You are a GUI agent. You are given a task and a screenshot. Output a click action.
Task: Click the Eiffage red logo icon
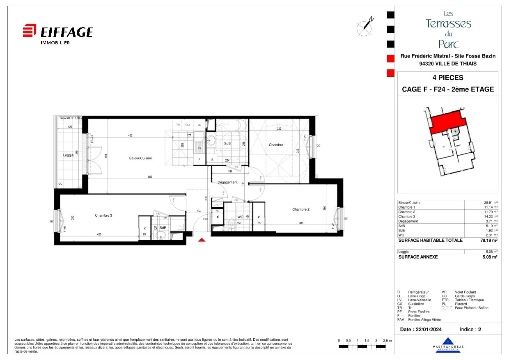(x=29, y=31)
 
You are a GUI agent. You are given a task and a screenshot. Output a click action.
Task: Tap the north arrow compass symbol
(x=365, y=26)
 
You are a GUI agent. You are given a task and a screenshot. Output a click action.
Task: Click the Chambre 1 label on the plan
(x=277, y=145)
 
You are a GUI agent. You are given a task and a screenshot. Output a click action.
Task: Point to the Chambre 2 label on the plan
(x=300, y=209)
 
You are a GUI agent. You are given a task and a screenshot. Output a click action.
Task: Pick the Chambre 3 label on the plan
(x=103, y=216)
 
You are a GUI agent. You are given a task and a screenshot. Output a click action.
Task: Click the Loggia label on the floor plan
(x=68, y=155)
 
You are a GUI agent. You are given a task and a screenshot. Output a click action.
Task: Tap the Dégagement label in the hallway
(x=228, y=182)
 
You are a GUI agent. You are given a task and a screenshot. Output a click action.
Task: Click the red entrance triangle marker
(x=202, y=240)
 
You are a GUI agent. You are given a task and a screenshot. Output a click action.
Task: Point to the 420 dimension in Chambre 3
(x=99, y=234)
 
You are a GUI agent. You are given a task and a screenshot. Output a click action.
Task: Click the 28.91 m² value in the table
(x=491, y=203)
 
